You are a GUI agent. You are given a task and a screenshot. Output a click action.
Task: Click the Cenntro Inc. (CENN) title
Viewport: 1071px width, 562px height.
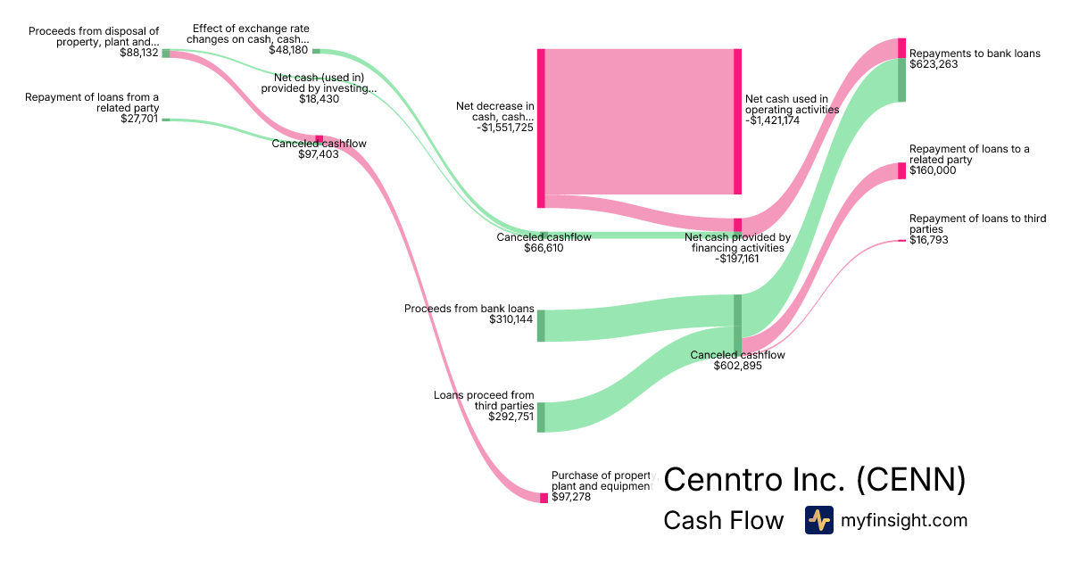[814, 479]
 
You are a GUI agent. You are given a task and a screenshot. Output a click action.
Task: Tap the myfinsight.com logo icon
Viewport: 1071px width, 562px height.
[818, 520]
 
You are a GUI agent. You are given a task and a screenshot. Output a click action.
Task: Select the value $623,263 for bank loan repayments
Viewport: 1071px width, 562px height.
[933, 64]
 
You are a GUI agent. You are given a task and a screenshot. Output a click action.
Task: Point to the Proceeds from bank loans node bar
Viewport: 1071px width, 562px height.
[541, 326]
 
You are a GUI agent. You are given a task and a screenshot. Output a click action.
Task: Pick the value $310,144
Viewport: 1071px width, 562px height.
[511, 319]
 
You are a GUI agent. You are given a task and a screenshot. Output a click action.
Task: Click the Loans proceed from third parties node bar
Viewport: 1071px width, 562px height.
[541, 417]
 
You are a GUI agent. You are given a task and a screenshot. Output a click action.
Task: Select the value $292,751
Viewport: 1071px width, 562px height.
[511, 417]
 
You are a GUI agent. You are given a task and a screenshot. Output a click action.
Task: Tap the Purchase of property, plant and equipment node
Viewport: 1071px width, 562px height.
[544, 498]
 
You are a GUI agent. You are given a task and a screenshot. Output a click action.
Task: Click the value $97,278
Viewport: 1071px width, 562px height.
[571, 497]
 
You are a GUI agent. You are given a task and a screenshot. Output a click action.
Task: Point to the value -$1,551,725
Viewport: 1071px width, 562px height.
[505, 128]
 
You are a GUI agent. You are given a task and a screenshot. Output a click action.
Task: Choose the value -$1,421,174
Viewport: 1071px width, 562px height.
[773, 120]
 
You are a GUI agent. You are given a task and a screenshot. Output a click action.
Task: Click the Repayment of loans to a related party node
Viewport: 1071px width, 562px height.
[901, 171]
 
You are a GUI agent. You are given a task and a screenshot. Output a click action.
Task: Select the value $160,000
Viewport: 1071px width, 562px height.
[933, 170]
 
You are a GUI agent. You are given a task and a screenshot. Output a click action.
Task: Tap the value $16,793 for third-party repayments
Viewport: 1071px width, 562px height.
[929, 240]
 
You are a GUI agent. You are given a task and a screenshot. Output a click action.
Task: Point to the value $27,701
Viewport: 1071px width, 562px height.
[139, 119]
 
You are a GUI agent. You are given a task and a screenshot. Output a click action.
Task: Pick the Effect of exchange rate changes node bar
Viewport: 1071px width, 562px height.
[316, 51]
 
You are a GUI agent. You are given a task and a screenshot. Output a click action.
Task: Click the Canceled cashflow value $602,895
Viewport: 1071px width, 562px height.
[737, 366]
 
